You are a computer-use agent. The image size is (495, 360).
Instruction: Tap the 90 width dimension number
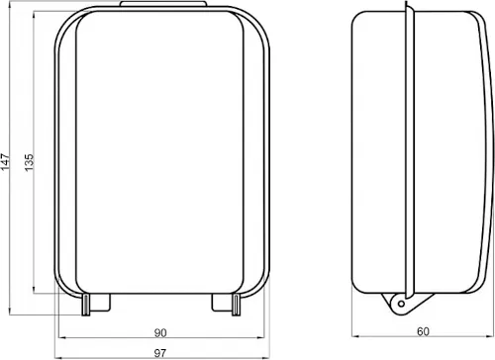pos(160,331)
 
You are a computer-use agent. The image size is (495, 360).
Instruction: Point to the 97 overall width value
pos(160,353)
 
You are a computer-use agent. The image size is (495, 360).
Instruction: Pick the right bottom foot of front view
pos(226,302)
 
